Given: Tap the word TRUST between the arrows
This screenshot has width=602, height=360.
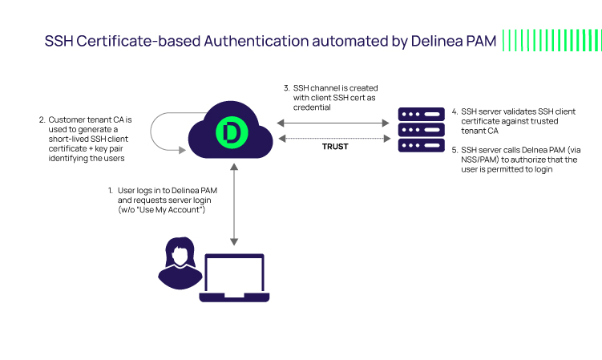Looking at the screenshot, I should coord(335,147).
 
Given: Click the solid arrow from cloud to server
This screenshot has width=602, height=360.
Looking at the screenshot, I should coord(335,123).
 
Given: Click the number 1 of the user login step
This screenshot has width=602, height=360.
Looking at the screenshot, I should coord(111,191).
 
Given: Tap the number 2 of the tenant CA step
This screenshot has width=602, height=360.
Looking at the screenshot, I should coord(42,120).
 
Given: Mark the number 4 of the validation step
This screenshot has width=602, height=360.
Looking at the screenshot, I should coord(455,111).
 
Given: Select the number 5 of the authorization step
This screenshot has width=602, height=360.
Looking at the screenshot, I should coord(455,150).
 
